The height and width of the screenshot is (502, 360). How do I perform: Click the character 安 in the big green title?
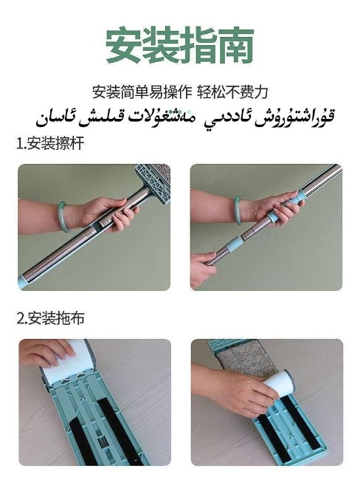click(123, 45)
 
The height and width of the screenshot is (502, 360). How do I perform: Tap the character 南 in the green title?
click(236, 45)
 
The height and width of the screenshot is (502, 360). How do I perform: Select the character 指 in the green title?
click(198, 45)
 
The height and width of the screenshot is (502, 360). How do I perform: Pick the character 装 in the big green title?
click(161, 45)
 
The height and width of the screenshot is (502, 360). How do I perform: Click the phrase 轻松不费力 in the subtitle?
click(232, 92)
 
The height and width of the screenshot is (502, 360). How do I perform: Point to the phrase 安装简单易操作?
click(142, 92)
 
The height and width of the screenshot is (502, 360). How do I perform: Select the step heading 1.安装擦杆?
click(50, 144)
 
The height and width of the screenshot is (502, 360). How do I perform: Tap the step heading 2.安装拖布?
click(51, 319)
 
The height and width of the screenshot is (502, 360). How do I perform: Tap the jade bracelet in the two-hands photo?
click(237, 210)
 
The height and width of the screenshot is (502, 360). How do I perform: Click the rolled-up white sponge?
click(278, 384)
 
